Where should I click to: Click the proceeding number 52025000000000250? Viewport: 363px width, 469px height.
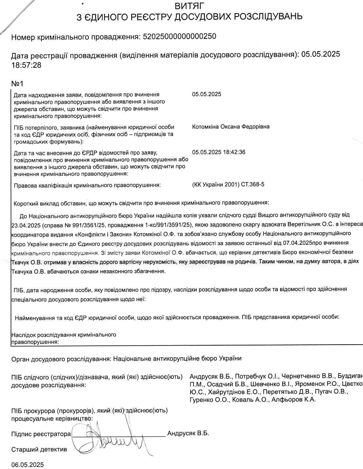[179, 37]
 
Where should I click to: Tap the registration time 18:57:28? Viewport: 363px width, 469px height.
[26, 65]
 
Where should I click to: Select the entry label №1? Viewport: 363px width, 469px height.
[17, 84]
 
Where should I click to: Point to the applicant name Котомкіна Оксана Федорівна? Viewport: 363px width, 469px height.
[231, 127]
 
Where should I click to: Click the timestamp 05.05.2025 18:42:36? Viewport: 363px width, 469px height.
[218, 152]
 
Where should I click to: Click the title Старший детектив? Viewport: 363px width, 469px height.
[39, 449]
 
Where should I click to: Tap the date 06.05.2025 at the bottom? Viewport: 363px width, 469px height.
[28, 465]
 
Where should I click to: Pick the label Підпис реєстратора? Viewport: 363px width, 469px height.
[41, 434]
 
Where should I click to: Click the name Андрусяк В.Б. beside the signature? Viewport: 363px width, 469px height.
[188, 433]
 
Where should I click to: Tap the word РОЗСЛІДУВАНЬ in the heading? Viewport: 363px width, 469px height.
[263, 16]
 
